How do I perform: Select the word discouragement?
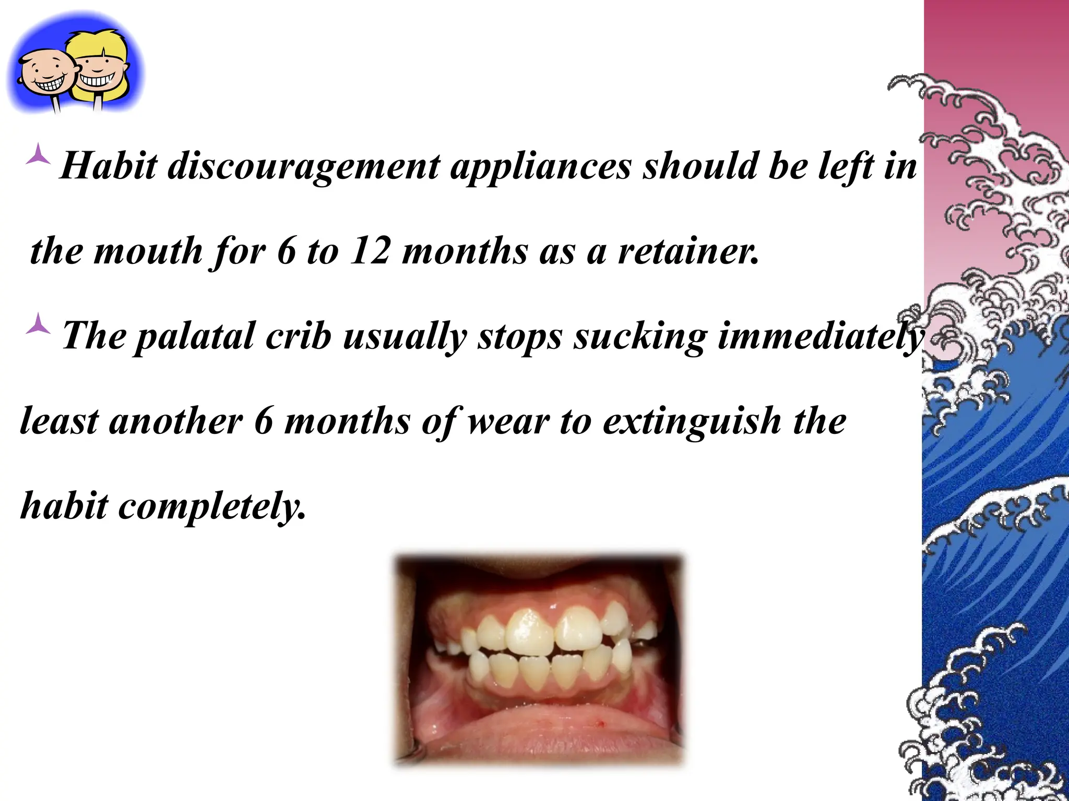tap(304, 167)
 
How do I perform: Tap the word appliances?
tap(540, 168)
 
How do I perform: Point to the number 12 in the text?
tap(370, 251)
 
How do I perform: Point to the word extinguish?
tap(692, 421)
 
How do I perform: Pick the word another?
tap(175, 421)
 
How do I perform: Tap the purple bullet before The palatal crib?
tap(39, 324)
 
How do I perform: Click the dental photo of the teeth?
tap(538, 660)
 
